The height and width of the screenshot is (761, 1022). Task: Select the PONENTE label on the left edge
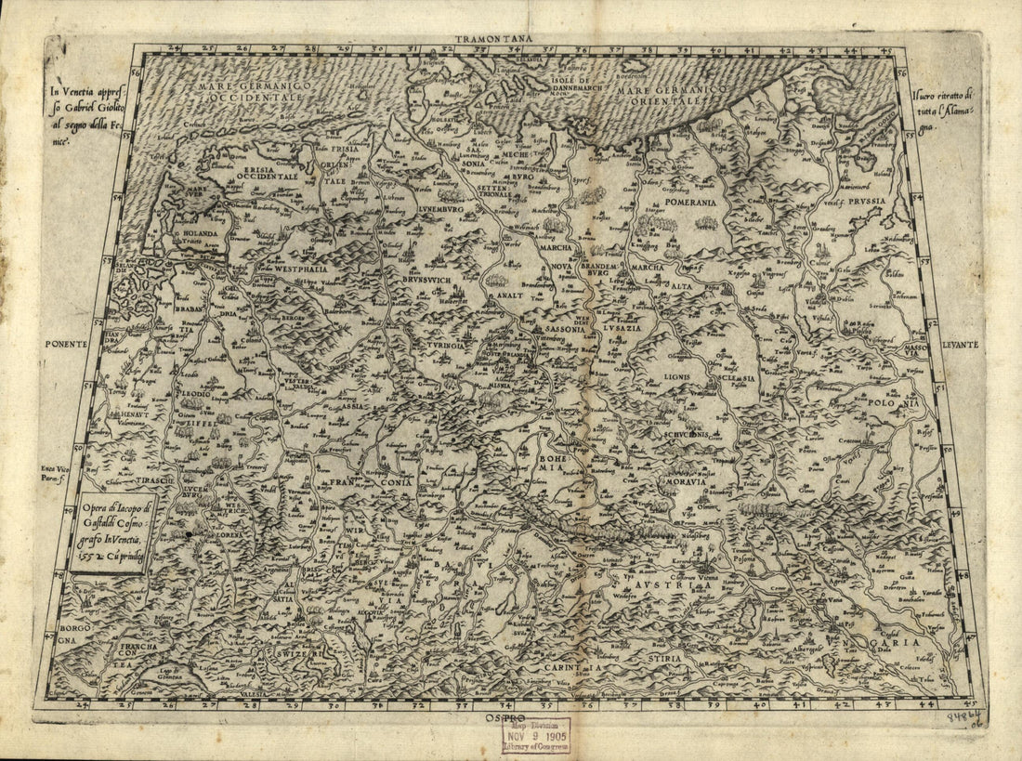coord(65,343)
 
